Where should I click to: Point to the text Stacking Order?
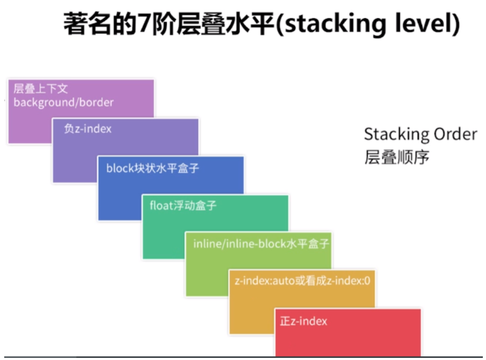[420, 134]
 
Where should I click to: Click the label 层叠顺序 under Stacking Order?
[396, 157]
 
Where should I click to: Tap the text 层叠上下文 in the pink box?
[41, 89]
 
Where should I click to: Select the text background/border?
[63, 102]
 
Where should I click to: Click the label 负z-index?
[88, 128]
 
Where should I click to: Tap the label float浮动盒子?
[183, 205]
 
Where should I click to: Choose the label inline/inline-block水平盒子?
[261, 244]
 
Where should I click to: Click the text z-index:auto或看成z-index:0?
[302, 281]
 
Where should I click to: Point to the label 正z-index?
[304, 321]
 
